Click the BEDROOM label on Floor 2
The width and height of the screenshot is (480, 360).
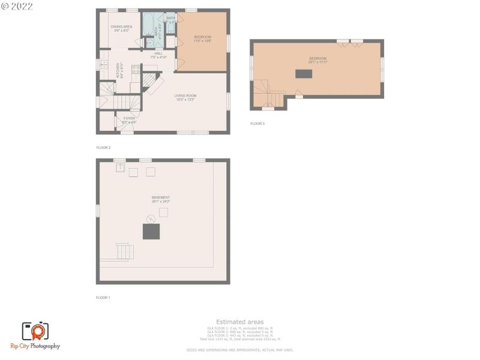click(202, 39)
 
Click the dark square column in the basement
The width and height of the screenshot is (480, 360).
click(151, 232)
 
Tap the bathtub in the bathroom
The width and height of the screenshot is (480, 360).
click(148, 25)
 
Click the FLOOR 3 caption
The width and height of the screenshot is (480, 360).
click(257, 124)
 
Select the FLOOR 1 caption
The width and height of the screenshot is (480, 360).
click(103, 298)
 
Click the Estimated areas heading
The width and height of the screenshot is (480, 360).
click(239, 322)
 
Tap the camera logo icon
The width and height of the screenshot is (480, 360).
click(35, 331)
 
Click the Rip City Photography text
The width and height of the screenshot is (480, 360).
click(35, 346)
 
